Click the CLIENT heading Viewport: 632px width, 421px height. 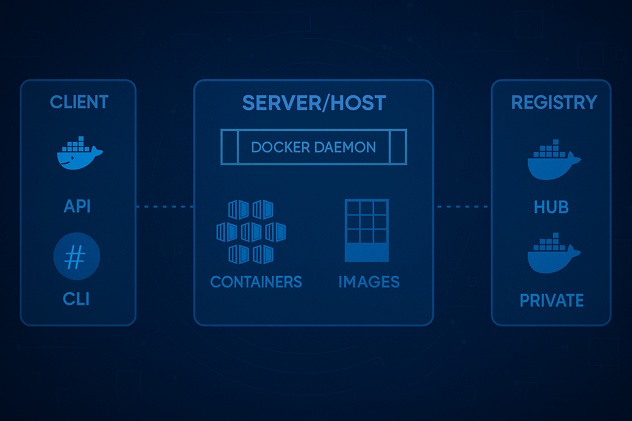[79, 102]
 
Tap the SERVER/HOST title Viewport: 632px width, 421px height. [314, 103]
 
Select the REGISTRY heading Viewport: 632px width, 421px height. [554, 102]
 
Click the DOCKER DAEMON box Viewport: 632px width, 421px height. [314, 147]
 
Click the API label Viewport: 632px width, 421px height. [77, 206]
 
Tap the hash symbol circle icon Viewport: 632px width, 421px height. [77, 256]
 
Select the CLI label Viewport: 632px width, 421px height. [76, 299]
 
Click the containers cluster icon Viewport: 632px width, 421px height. [251, 231]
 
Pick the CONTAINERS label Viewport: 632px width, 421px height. [256, 282]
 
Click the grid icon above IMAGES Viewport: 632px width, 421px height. [367, 230]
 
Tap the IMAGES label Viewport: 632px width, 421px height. [369, 282]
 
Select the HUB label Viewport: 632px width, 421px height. [551, 207]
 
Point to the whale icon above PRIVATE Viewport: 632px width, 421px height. [553, 254]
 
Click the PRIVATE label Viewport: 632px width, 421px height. [551, 301]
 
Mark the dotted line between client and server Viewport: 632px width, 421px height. [165, 206]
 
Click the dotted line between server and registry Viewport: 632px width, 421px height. [462, 206]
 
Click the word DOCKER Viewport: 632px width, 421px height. [280, 147]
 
